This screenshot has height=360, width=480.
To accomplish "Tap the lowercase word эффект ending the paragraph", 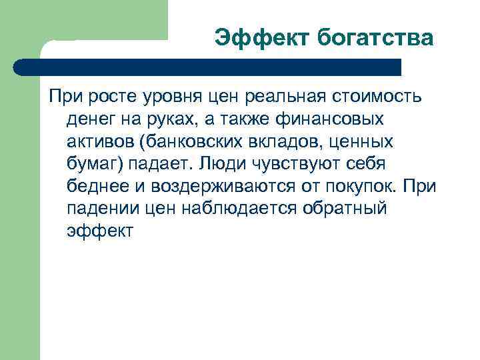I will [101, 231].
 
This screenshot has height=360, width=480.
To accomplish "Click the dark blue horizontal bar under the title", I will [207, 67].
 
